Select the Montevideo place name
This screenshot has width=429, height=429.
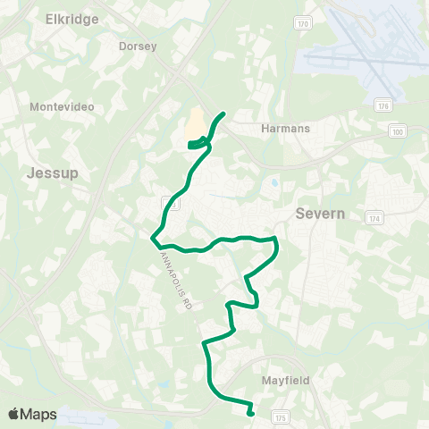[x=62, y=106]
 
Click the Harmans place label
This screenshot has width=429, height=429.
[x=285, y=129]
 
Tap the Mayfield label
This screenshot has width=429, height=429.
[x=286, y=380]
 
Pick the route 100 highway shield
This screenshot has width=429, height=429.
[x=398, y=131]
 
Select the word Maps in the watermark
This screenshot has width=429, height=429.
[x=40, y=414]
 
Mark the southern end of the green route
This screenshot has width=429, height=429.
[x=250, y=413]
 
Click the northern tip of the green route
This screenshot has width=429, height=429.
[x=223, y=114]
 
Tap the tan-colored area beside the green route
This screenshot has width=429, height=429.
[x=194, y=124]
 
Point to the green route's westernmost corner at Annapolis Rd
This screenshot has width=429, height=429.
[x=154, y=240]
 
